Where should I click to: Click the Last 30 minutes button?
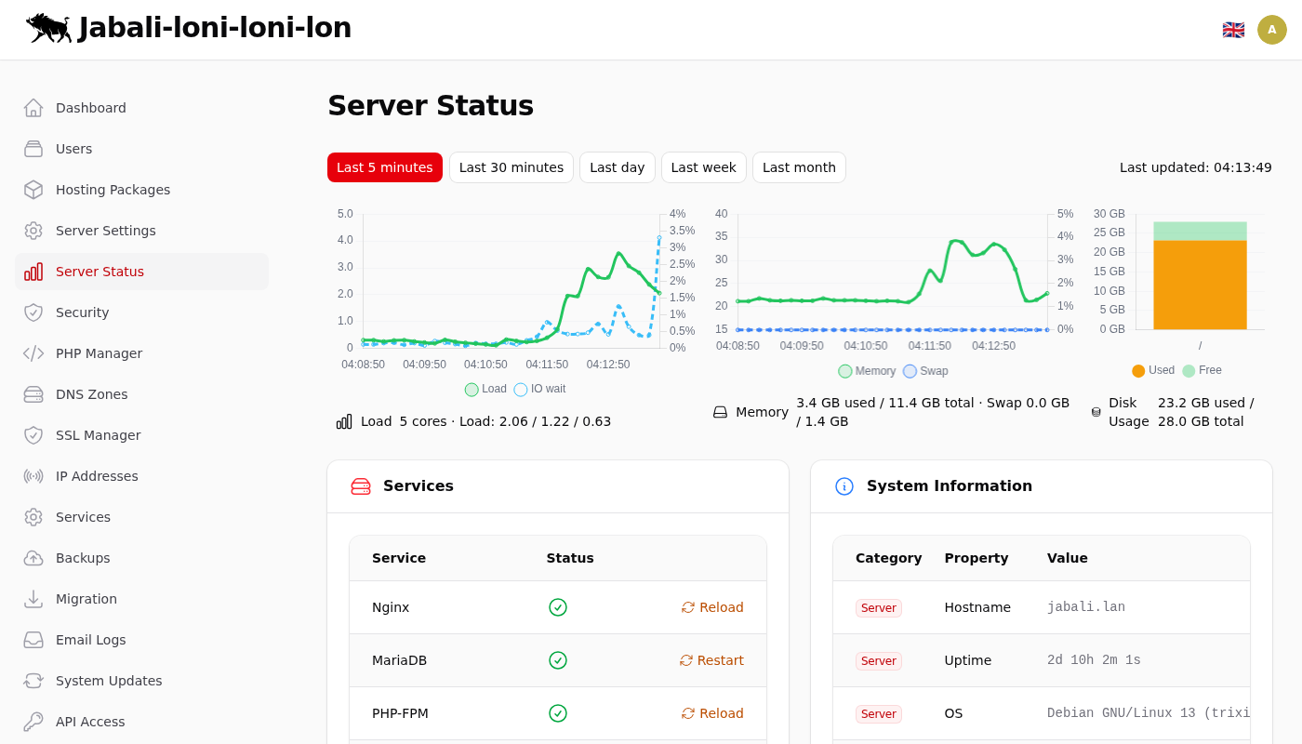tap(511, 167)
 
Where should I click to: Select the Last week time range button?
tap(703, 167)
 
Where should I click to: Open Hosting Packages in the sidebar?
tap(113, 190)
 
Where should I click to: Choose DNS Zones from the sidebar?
tap(91, 394)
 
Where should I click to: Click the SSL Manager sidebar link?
tap(98, 435)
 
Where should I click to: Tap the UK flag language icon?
tap(1233, 30)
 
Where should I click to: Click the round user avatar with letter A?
tap(1272, 30)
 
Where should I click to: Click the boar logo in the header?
tap(48, 28)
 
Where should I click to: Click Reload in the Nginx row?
tap(712, 607)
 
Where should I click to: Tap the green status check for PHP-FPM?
tap(558, 713)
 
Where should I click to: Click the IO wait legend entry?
tap(540, 389)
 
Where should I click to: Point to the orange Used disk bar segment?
tap(1200, 285)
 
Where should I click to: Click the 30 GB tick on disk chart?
tap(1109, 214)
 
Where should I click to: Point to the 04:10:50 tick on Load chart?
tap(485, 365)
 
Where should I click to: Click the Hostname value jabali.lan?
tap(1085, 607)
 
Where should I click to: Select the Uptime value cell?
tap(1094, 660)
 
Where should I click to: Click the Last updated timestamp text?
tap(1195, 167)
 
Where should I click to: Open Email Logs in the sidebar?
tap(90, 640)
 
